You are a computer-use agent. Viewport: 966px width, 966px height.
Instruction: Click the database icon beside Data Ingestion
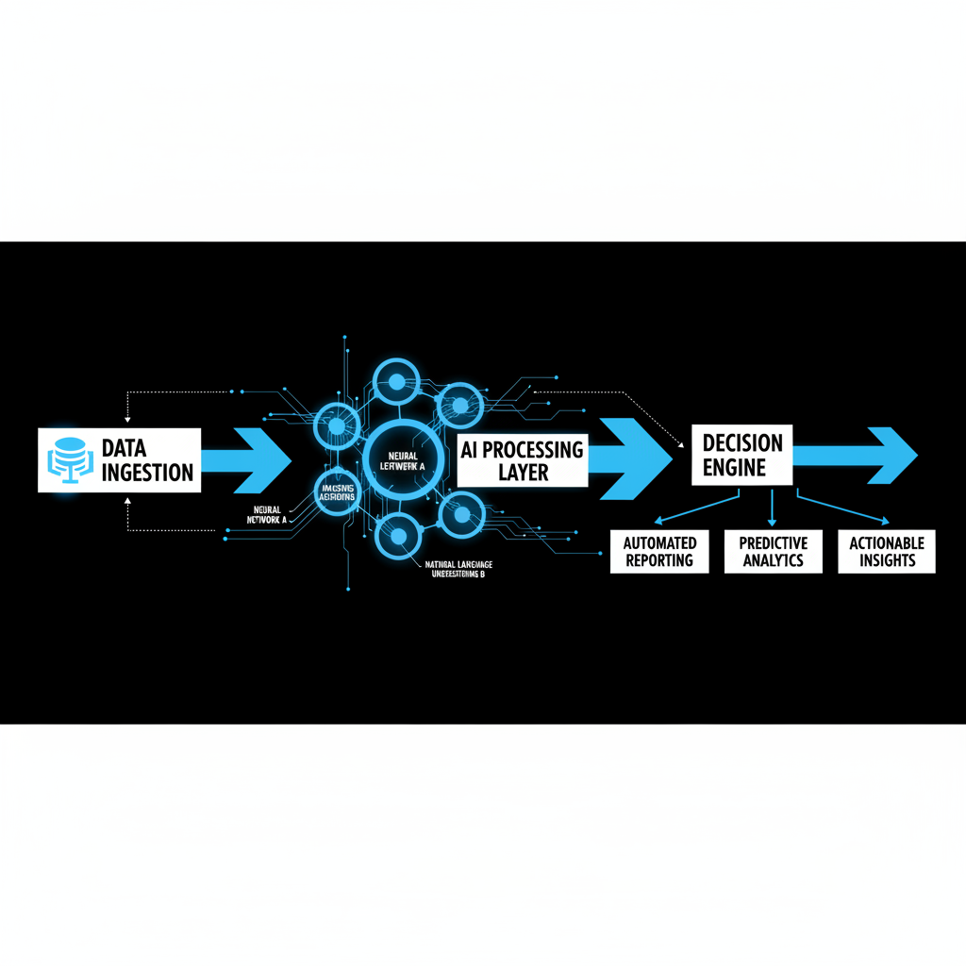pos(66,459)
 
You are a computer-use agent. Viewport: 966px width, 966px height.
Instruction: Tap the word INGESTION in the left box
pos(147,472)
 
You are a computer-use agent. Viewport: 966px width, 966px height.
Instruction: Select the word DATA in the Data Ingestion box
pos(125,447)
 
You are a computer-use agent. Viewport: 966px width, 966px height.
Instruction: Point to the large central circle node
pos(402,459)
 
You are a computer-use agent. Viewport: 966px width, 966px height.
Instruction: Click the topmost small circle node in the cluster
pos(396,382)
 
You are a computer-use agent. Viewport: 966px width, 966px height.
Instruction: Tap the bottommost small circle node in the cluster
pos(397,537)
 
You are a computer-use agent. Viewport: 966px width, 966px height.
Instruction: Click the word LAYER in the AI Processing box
pos(523,472)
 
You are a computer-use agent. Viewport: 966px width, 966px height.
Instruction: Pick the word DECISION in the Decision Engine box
pos(742,442)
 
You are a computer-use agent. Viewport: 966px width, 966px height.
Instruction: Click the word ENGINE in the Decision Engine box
pos(734,468)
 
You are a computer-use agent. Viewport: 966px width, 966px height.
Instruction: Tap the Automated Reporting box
pos(660,552)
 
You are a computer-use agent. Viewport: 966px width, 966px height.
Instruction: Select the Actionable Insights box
pos(887,552)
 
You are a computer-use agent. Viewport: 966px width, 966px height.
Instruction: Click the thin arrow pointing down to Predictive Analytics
pos(772,508)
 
